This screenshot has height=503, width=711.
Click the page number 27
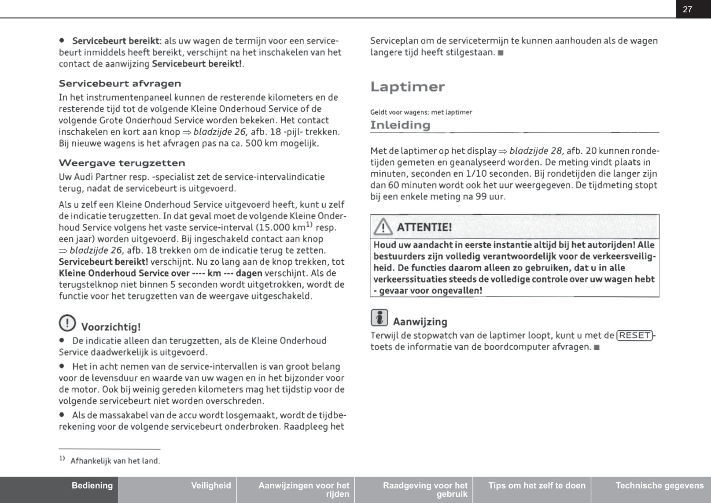(x=687, y=9)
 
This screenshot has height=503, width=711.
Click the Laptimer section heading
(x=407, y=87)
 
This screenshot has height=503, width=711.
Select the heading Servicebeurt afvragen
(x=120, y=84)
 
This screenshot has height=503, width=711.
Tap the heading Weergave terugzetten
(x=122, y=163)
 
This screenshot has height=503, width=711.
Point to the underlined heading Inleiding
(x=400, y=125)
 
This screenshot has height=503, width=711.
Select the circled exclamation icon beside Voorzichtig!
(x=67, y=323)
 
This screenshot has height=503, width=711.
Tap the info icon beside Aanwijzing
(x=379, y=318)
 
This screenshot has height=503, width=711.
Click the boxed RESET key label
(x=635, y=336)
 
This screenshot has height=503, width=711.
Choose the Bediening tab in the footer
(x=92, y=485)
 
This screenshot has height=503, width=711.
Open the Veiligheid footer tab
(x=211, y=485)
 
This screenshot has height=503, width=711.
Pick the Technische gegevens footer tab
(x=659, y=485)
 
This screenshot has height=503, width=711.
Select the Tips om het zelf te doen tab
(x=537, y=485)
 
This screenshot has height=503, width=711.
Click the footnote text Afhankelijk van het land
(x=115, y=461)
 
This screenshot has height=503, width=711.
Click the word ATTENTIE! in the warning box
(x=424, y=227)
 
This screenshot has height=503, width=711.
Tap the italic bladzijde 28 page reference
(x=536, y=151)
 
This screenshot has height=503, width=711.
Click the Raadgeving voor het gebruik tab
(x=425, y=489)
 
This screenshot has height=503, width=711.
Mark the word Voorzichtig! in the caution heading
(x=111, y=327)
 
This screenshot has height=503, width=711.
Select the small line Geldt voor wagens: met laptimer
(x=421, y=112)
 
